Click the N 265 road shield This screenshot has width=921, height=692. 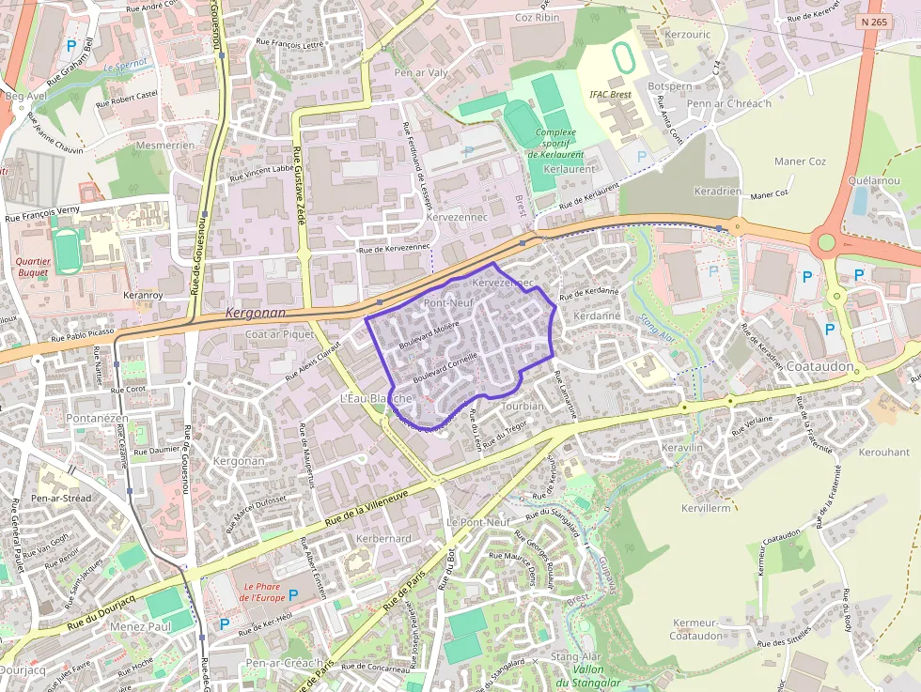873,21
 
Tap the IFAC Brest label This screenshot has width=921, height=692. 610,95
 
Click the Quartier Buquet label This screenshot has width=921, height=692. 33,266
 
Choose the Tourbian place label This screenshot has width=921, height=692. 523,407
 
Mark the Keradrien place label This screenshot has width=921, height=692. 717,191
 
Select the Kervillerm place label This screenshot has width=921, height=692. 705,508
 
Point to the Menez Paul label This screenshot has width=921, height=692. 140,626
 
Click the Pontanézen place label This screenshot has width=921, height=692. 98,417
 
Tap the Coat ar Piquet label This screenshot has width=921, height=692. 279,334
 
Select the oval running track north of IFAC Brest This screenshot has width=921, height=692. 623,58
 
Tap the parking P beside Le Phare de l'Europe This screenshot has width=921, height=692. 293,594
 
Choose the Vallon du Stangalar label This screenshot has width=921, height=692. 588,676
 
